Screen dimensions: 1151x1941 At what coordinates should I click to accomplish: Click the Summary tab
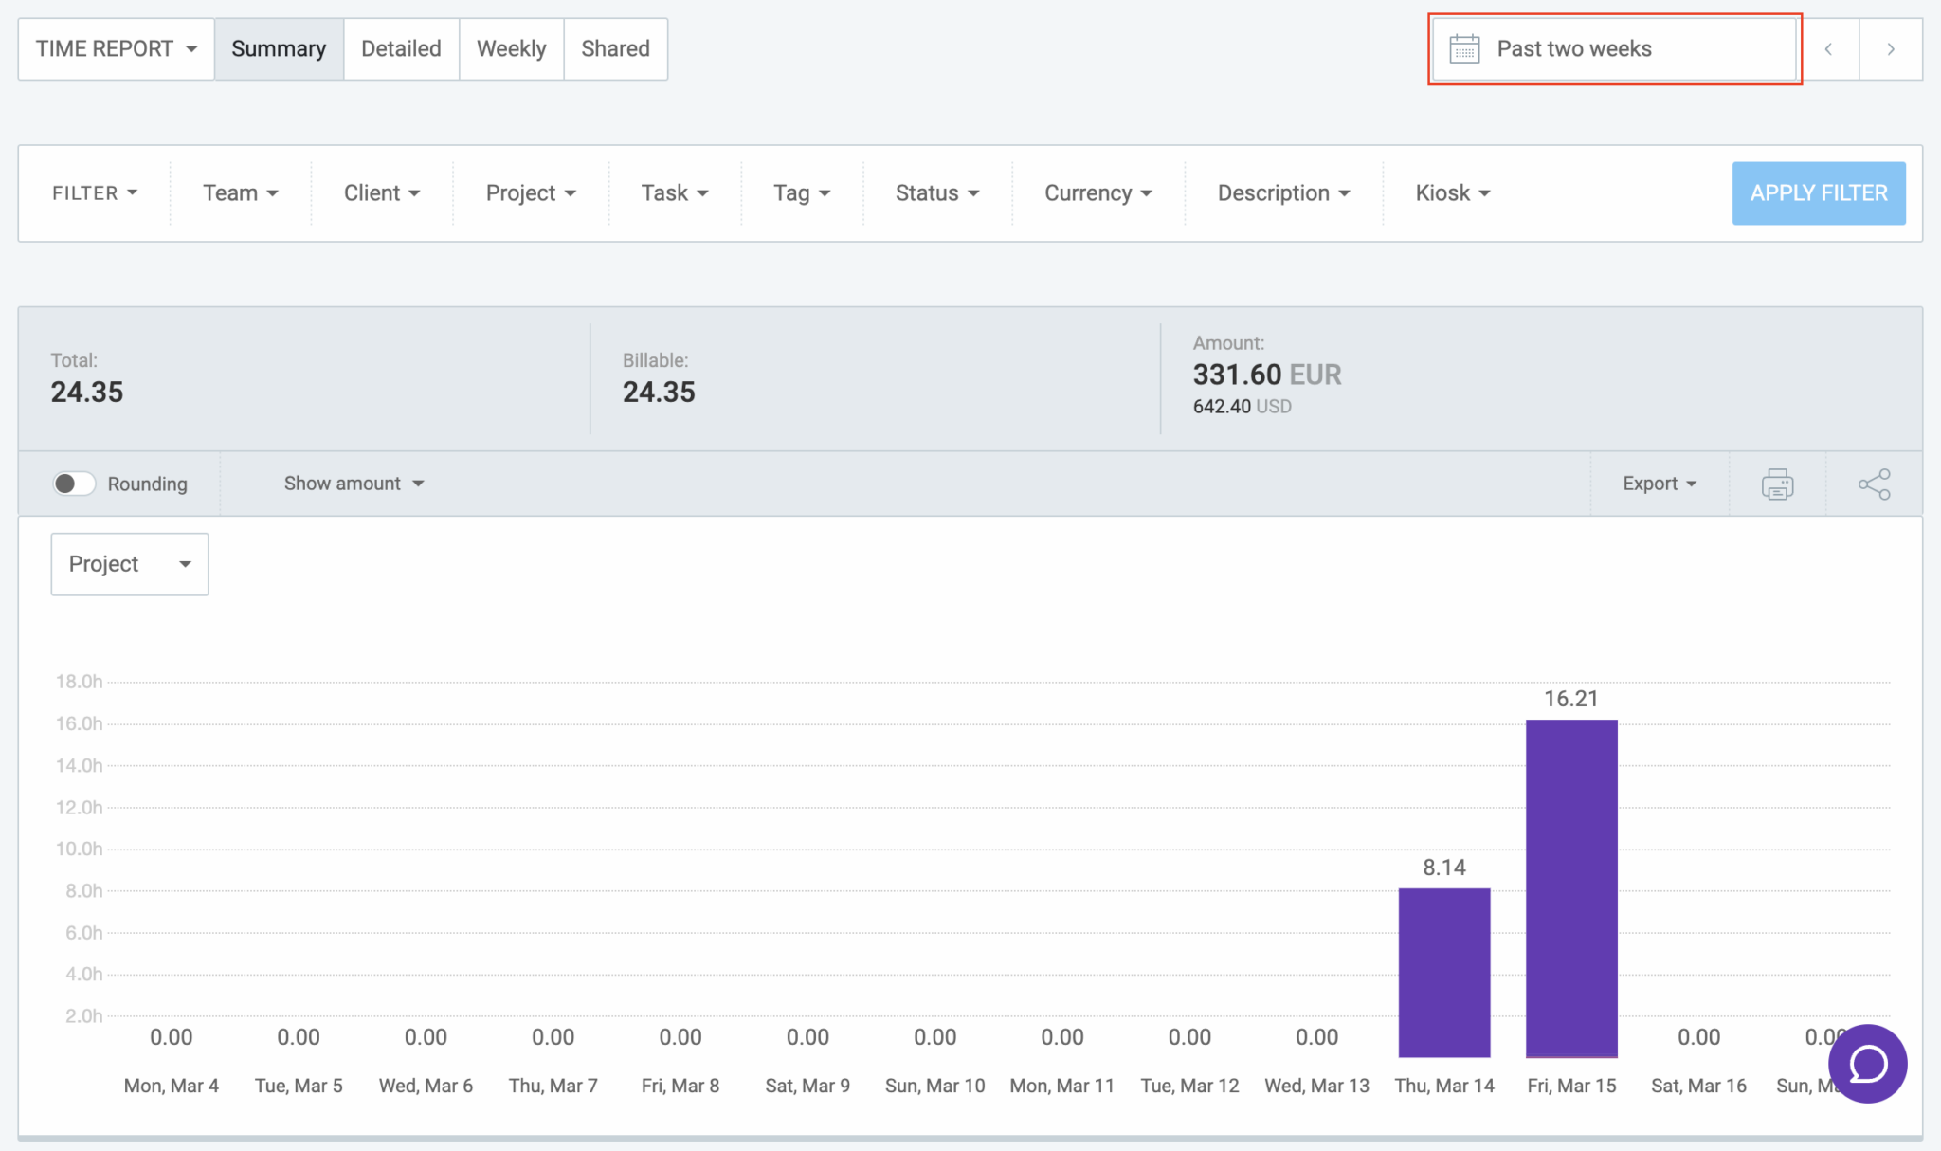click(279, 49)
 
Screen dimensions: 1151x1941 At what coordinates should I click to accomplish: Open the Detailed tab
click(401, 49)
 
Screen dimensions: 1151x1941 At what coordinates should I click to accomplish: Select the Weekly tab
click(511, 49)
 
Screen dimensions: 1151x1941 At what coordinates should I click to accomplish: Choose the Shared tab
click(615, 49)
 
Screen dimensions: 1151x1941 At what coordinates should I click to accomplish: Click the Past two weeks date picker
click(1614, 49)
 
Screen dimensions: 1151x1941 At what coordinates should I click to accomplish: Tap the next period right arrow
click(1890, 49)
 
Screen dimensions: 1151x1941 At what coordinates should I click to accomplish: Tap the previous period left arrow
click(1828, 49)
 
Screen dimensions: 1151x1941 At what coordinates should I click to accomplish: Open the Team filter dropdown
click(240, 193)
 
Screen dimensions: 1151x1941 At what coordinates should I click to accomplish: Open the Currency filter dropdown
click(1097, 193)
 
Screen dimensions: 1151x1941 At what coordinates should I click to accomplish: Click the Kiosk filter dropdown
click(1452, 193)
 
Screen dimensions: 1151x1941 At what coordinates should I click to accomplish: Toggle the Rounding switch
click(73, 484)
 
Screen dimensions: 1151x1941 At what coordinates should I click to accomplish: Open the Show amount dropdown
click(354, 484)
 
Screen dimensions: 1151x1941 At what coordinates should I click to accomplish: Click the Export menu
click(1659, 484)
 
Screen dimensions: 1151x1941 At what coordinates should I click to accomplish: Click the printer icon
click(1777, 484)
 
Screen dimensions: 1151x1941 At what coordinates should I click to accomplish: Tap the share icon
click(1874, 484)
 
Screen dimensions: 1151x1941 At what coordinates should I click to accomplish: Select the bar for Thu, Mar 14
click(1444, 972)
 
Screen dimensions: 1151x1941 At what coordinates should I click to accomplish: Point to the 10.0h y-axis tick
click(80, 849)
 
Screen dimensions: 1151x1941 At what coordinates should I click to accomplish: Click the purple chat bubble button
click(1867, 1064)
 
